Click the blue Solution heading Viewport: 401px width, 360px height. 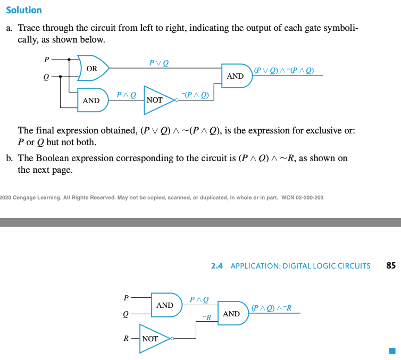(23, 10)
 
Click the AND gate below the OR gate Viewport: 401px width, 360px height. (92, 100)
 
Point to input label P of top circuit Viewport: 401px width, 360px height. (47, 59)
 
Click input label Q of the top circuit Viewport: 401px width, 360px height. (46, 77)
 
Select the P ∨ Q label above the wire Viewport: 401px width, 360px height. (160, 63)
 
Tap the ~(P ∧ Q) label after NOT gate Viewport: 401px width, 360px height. (195, 95)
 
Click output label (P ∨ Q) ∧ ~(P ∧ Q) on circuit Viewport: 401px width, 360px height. (284, 70)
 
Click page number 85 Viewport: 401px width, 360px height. (391, 265)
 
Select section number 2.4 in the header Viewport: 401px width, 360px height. (216, 266)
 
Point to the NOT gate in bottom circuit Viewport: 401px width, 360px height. (153, 338)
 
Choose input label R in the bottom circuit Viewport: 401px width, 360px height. (127, 338)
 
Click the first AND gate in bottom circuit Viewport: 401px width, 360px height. (165, 305)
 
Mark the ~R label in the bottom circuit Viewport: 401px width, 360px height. (207, 317)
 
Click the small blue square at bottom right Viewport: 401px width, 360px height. (392, 350)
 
